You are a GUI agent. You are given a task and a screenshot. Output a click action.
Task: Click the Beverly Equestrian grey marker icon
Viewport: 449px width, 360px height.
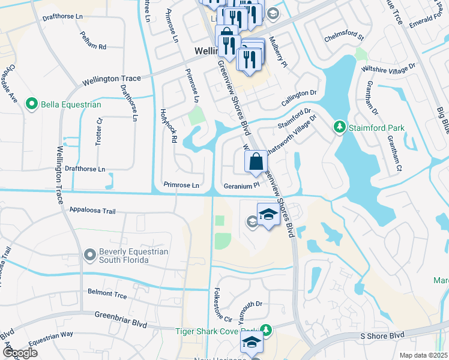[x=90, y=256]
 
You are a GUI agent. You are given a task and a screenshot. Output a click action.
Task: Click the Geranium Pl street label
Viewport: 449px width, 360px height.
[x=241, y=186]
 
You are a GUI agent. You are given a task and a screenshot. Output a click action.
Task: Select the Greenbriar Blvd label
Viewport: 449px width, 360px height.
[x=121, y=319]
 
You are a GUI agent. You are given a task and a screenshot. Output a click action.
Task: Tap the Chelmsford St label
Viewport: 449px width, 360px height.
[x=345, y=37]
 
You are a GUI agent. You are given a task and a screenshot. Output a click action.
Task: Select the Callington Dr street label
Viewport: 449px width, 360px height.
[x=297, y=95]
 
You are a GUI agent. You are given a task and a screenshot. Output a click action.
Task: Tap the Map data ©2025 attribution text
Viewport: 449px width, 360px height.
[x=423, y=355]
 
